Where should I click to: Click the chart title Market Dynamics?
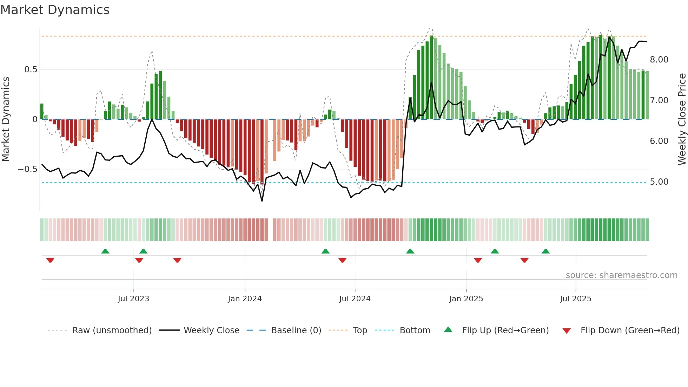pos(55,10)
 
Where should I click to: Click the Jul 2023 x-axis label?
pos(133,299)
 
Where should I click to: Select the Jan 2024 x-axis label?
pos(245,299)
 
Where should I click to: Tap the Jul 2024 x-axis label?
pos(355,299)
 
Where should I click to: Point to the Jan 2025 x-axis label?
pos(466,299)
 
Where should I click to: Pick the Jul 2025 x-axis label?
pos(576,299)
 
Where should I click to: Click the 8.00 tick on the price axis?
pos(659,60)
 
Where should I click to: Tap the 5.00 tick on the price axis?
pos(659,182)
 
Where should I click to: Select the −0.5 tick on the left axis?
pos(28,169)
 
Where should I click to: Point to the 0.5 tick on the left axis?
pos(31,70)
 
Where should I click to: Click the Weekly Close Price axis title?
pos(682,119)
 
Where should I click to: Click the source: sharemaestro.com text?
pos(621,275)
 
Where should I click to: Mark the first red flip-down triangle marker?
pos(50,260)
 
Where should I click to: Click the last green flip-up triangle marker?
pos(545,251)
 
